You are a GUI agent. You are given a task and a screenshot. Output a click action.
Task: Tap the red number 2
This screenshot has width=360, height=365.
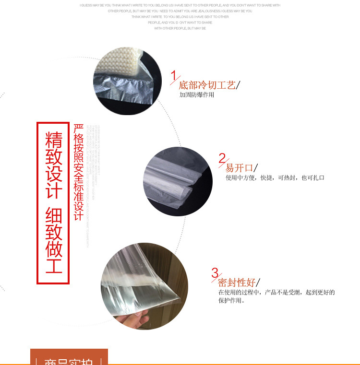(222, 158)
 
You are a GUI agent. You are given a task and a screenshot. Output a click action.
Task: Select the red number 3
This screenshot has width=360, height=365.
(215, 273)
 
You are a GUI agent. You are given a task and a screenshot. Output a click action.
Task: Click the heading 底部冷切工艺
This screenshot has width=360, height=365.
(207, 85)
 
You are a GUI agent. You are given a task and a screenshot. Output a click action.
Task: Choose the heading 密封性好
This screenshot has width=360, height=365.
(236, 283)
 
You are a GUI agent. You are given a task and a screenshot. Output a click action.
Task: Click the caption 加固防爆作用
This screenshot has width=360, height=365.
(197, 95)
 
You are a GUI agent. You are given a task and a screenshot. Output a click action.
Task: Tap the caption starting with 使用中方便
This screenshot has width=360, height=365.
(275, 178)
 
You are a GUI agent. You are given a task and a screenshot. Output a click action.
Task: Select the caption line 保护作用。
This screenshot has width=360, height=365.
(232, 301)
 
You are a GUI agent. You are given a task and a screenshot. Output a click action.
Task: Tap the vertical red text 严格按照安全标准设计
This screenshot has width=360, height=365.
(79, 173)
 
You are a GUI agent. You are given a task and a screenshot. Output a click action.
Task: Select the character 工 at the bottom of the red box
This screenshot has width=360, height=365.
(54, 265)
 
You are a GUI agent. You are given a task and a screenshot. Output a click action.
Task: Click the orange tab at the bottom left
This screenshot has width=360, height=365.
(69, 357)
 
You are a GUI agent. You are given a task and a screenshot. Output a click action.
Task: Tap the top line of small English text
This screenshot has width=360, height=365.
(180, 5)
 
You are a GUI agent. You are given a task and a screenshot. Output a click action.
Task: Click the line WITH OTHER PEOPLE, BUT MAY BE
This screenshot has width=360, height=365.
(180, 28)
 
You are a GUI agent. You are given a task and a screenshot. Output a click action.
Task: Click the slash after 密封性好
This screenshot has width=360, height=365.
(258, 283)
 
